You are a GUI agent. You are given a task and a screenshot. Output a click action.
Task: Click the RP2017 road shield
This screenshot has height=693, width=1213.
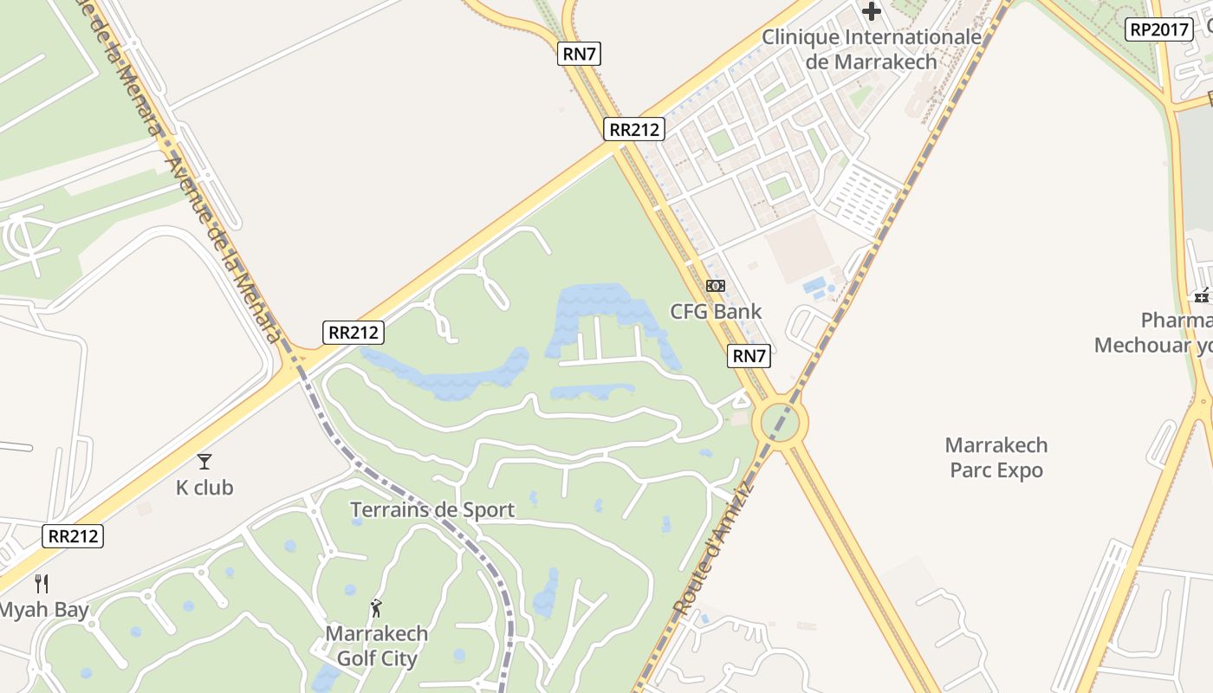(1159, 29)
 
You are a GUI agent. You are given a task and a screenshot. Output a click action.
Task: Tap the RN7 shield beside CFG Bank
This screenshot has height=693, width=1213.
(749, 355)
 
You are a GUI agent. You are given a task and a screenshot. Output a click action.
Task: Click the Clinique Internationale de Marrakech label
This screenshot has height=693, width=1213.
(871, 49)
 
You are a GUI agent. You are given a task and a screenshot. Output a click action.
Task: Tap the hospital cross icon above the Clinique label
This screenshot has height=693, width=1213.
(872, 11)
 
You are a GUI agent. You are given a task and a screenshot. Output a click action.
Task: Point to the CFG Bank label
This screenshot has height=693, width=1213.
(716, 312)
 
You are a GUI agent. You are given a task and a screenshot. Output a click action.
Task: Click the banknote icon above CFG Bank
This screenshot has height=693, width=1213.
(715, 285)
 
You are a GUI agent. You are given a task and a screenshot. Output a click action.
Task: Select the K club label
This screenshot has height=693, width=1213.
(204, 488)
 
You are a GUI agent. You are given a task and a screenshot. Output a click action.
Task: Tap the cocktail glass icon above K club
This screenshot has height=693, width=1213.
(204, 461)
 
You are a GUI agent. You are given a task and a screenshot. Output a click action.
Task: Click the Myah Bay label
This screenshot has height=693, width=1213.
(43, 610)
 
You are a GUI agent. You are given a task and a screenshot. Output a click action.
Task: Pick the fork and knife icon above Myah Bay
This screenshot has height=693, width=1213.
(41, 583)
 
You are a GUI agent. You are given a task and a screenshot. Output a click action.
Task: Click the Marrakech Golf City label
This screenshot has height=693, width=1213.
(377, 645)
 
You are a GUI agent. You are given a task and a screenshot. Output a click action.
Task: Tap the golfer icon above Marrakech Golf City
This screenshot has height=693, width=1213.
(376, 608)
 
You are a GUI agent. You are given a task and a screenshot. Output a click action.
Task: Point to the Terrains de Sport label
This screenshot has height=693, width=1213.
(432, 509)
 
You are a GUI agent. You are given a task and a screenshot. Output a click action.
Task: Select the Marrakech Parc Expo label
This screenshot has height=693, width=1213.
(996, 457)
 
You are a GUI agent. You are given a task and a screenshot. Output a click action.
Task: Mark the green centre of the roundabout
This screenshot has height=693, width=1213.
(780, 423)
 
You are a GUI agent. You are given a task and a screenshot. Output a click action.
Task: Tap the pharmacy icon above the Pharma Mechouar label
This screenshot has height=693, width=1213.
(1202, 296)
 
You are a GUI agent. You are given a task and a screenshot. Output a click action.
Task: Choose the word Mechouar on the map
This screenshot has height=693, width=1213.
(1143, 346)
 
